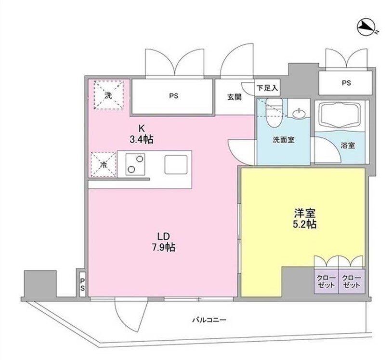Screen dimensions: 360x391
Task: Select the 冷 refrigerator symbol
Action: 103,165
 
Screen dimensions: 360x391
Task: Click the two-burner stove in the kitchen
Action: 135,164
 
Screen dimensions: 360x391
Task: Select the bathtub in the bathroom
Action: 340,115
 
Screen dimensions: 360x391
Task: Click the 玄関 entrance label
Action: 235,95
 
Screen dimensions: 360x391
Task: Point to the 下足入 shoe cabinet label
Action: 267,88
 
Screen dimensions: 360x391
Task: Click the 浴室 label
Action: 348,145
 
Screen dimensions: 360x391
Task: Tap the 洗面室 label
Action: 284,140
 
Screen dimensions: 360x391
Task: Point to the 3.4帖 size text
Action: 142,140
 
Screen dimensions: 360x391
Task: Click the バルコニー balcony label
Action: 209,320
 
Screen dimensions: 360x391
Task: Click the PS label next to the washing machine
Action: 174,95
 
